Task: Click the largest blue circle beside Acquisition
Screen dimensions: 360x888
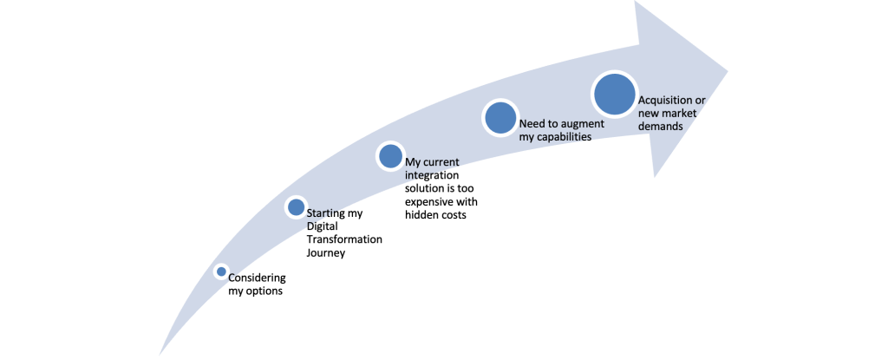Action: tap(614, 94)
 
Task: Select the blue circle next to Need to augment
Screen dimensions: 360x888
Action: tap(499, 117)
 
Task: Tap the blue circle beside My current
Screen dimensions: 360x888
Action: tap(390, 156)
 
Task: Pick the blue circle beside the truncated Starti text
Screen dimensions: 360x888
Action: tap(296, 207)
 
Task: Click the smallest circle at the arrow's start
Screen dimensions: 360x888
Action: tap(221, 272)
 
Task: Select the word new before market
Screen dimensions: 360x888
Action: tap(649, 113)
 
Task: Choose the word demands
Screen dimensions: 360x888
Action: tap(661, 126)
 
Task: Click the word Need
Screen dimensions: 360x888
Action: tap(532, 124)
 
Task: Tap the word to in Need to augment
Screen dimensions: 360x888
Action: tap(556, 124)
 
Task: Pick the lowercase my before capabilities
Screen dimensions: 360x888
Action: tap(526, 137)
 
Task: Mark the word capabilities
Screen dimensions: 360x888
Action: tap(565, 137)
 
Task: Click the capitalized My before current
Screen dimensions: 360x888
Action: tap(415, 163)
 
